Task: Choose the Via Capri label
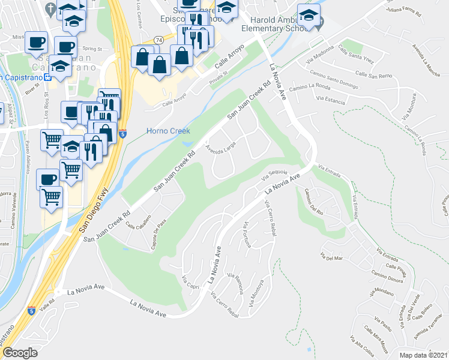190,281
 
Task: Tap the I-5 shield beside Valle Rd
31,310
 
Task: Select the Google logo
20,352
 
